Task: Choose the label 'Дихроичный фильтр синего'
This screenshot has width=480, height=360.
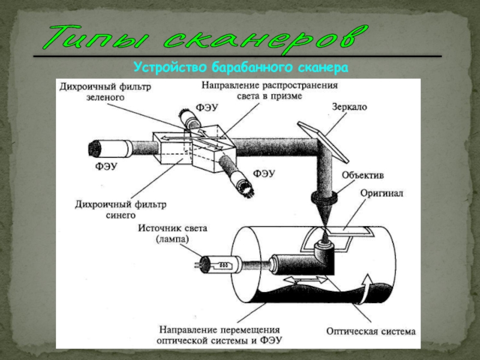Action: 119,210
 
